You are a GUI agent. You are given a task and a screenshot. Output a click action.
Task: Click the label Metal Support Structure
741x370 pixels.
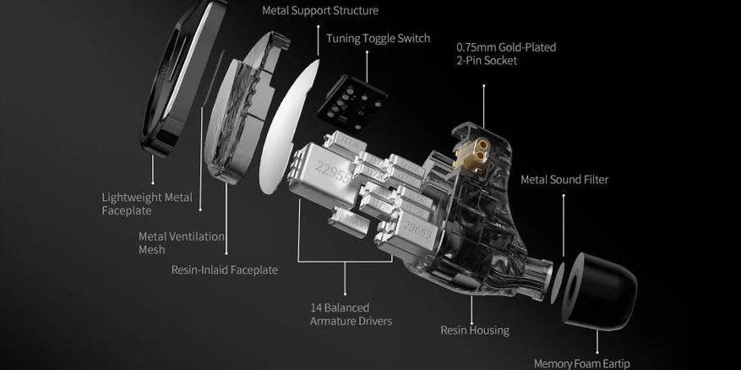coord(320,10)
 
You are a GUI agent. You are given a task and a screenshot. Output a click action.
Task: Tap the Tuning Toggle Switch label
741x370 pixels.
coord(378,38)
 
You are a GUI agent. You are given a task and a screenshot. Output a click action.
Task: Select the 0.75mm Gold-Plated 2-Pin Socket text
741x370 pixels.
coord(506,54)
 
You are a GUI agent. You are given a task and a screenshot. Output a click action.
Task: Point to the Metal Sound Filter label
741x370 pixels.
coord(564,180)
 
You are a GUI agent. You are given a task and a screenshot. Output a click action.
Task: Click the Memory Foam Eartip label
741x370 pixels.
coord(582,363)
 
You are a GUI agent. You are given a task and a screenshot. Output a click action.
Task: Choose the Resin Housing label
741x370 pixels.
coord(475,329)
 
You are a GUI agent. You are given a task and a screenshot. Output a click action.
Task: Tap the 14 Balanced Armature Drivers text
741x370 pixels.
coord(351,315)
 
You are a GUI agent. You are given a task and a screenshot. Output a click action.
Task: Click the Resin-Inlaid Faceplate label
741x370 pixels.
coord(225,269)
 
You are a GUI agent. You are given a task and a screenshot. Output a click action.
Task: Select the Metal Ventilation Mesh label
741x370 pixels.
coord(182,243)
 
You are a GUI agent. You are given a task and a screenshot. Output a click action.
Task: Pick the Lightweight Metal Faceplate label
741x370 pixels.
coord(147,204)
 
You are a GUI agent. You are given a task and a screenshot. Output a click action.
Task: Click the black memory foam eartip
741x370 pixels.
coord(599,291)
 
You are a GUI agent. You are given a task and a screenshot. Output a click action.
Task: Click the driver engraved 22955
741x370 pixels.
coord(323,174)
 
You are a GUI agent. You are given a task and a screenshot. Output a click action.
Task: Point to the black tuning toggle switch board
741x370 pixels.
coord(352,103)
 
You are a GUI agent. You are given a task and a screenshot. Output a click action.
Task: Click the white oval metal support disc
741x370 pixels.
coord(289,127)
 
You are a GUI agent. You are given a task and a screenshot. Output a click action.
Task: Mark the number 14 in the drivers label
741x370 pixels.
coord(316,308)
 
